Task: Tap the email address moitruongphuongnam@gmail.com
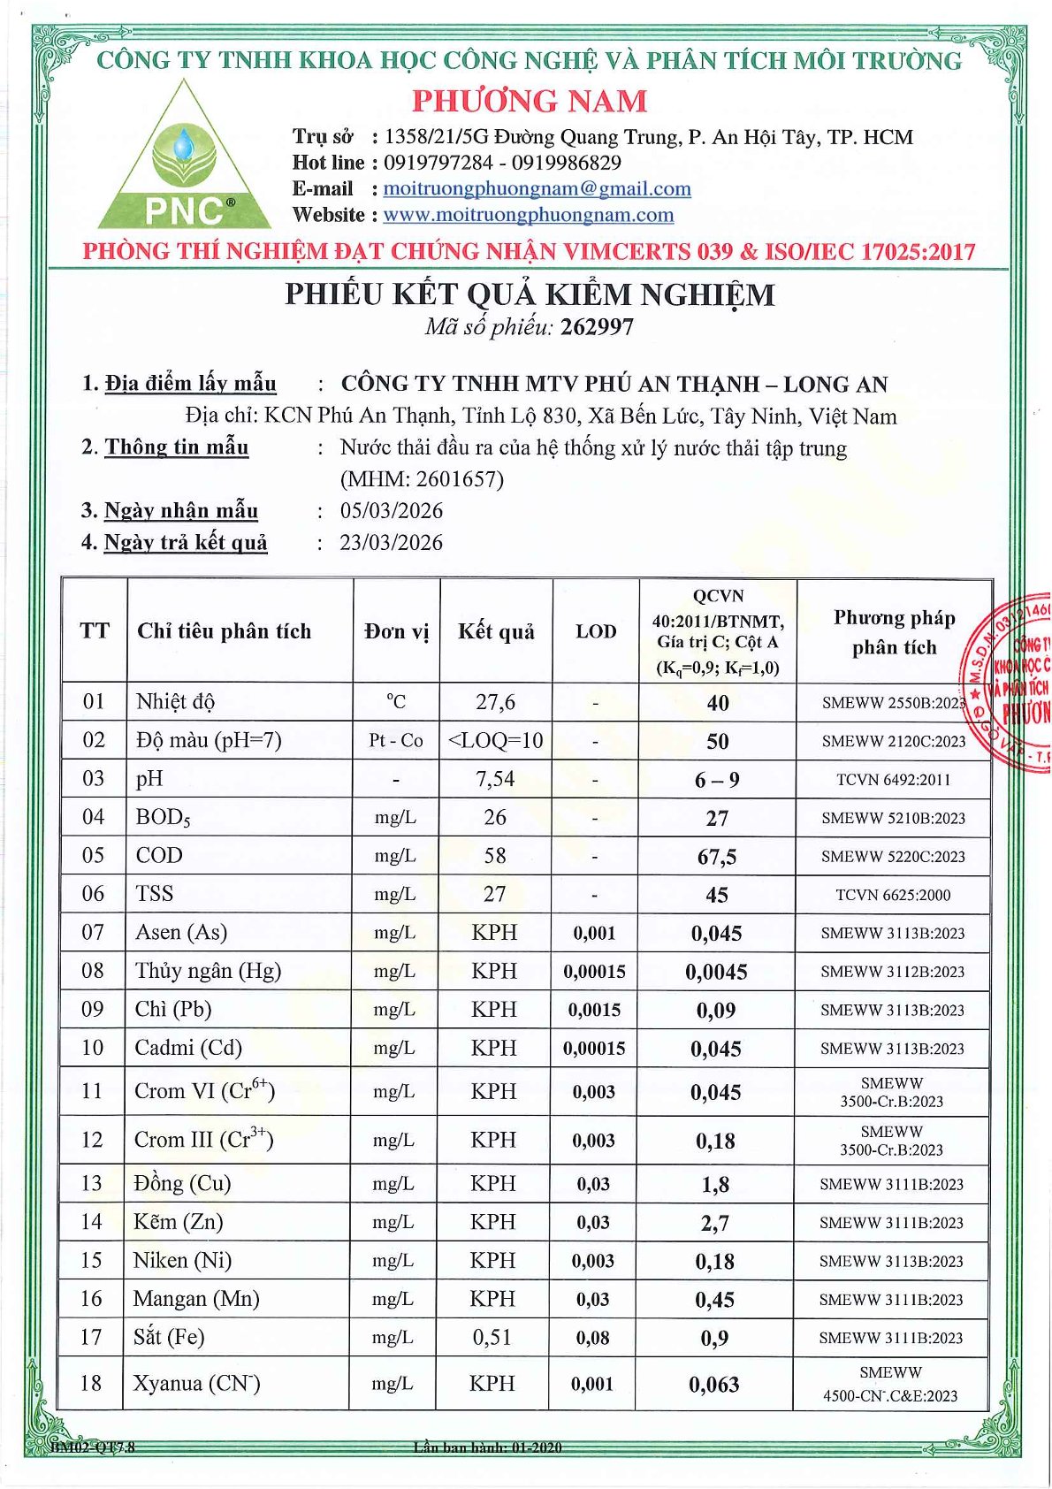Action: point(537,188)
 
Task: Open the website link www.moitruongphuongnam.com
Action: point(528,215)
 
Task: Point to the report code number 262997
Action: point(597,327)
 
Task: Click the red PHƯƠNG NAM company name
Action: point(530,101)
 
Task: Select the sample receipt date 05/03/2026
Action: point(392,511)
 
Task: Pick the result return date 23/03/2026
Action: point(392,543)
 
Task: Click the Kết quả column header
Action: point(496,631)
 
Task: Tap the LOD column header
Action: point(596,631)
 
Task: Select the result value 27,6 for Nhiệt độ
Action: point(495,702)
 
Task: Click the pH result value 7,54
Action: point(495,779)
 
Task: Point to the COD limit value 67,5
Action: point(717,857)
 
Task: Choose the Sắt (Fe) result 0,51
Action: point(492,1337)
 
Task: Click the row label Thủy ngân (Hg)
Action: point(208,971)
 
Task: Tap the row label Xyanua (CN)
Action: point(196,1383)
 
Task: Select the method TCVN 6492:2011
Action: point(894,780)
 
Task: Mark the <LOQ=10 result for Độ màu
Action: point(496,740)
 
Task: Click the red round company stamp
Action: point(1012,681)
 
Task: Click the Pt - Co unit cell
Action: point(396,740)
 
